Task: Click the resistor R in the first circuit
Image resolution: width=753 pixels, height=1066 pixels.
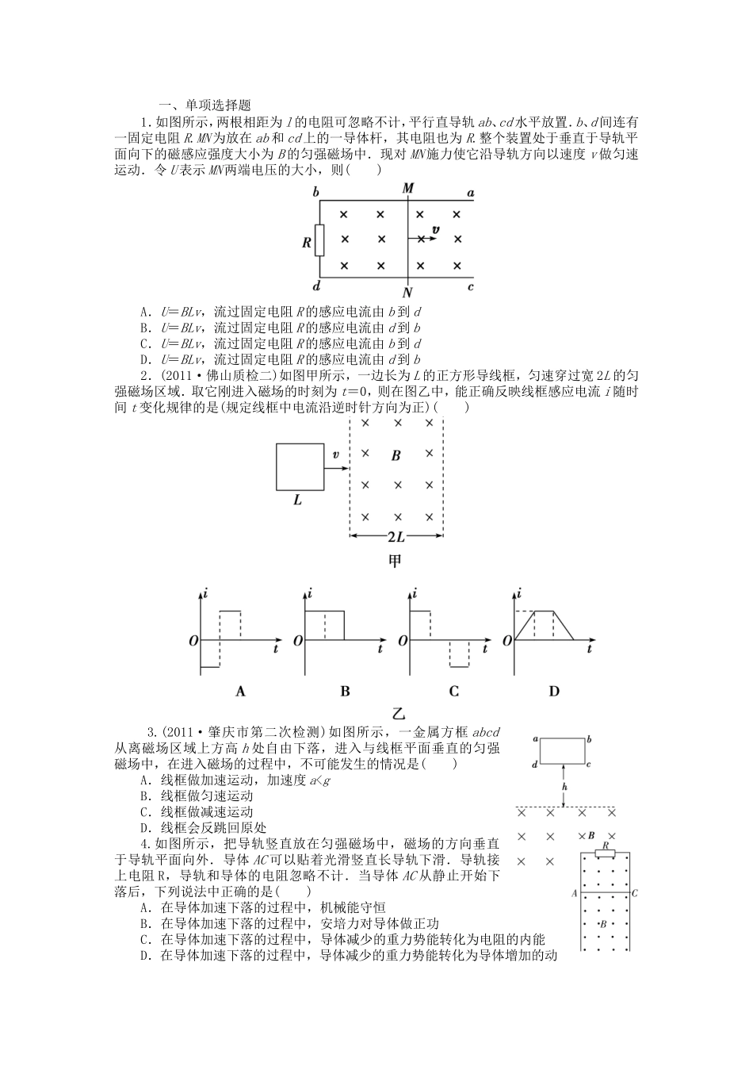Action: (319, 240)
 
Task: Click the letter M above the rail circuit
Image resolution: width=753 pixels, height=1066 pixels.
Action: (408, 188)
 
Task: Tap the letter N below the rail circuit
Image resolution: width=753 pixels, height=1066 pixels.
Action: (407, 292)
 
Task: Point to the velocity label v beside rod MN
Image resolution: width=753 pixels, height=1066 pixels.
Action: (435, 230)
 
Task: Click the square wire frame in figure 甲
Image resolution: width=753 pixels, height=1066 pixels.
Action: (299, 467)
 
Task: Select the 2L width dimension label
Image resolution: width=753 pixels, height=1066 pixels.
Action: (396, 537)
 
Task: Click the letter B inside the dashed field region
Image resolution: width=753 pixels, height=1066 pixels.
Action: (396, 455)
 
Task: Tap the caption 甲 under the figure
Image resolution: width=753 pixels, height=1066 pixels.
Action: (395, 561)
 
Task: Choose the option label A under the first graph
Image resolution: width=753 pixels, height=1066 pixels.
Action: (241, 691)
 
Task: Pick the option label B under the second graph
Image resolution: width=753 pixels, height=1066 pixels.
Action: (345, 691)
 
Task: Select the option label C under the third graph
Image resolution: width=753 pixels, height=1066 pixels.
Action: (453, 691)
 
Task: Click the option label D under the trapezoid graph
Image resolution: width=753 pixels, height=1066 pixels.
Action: (554, 691)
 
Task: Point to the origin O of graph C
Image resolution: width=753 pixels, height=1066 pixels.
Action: (402, 640)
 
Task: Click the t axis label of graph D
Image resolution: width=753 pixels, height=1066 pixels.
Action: (590, 649)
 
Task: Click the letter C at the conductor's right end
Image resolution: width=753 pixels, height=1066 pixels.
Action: (635, 893)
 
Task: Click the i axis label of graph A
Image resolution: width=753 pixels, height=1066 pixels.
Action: (206, 592)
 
